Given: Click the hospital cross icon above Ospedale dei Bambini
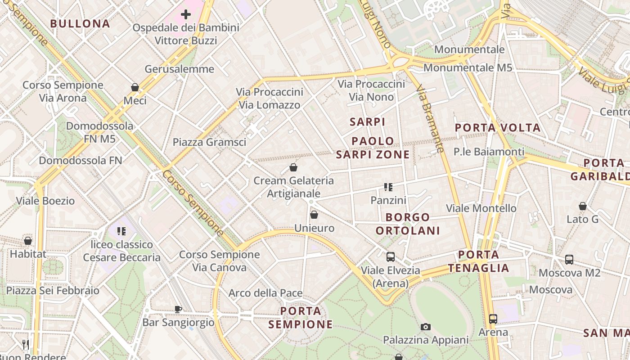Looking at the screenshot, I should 185,15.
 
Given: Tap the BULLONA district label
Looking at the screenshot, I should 80,24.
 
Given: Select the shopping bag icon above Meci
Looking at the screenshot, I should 135,87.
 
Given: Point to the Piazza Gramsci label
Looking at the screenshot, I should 209,142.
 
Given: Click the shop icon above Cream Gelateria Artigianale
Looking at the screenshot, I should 293,167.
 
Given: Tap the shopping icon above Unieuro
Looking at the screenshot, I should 314,215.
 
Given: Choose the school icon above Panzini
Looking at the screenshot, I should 388,187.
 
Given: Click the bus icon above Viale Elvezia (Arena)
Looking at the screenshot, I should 390,257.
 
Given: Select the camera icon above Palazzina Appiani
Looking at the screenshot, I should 425,327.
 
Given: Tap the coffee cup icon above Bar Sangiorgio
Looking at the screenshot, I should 178,309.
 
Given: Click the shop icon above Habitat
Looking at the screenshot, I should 28,241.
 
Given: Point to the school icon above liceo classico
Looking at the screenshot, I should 121,231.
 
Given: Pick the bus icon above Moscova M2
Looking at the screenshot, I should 569,260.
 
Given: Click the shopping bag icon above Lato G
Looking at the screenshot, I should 583,206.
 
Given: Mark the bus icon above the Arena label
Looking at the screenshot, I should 493,319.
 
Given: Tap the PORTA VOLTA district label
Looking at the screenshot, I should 498,128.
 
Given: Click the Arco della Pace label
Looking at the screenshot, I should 265,293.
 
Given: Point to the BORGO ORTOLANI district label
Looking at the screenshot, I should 408,224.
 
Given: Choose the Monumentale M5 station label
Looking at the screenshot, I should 468,68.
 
